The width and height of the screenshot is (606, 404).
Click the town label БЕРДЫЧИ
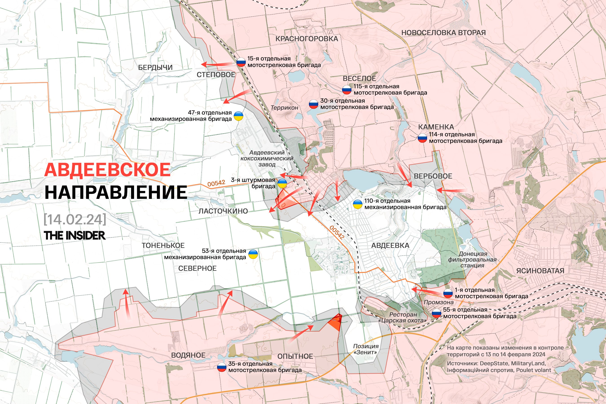(155, 68)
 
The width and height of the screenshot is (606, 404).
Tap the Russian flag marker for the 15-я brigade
(241, 62)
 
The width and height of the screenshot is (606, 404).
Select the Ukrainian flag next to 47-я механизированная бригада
(238, 116)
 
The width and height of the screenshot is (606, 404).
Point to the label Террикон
(284, 108)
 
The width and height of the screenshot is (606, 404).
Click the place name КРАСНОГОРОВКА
(307, 39)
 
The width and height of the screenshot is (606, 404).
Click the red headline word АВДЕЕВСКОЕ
(107, 170)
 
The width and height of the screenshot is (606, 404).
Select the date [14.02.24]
(75, 219)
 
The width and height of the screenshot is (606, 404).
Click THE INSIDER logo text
(75, 235)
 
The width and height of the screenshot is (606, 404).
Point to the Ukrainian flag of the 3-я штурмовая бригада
(282, 183)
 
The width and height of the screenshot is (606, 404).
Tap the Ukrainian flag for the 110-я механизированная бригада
(357, 204)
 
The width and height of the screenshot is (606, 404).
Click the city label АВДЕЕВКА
(390, 246)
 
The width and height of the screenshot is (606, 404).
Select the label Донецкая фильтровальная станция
(472, 260)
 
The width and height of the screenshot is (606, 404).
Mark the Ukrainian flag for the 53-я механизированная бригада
(253, 254)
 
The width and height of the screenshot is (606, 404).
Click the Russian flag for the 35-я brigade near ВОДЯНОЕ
(222, 367)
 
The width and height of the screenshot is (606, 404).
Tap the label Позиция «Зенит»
(366, 349)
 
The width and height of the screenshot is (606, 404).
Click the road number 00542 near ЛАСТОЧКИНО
(216, 183)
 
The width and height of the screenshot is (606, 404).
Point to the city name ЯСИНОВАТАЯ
(540, 271)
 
